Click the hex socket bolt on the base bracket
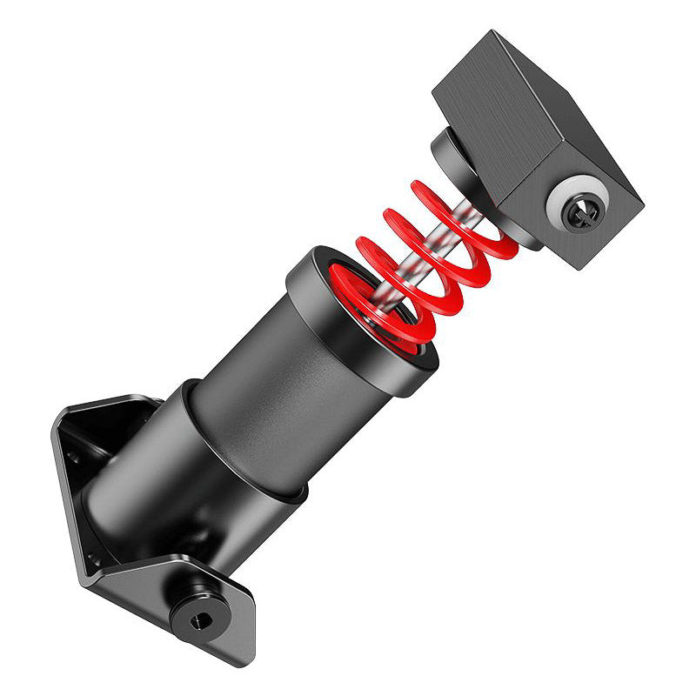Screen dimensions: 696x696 (200, 619)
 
